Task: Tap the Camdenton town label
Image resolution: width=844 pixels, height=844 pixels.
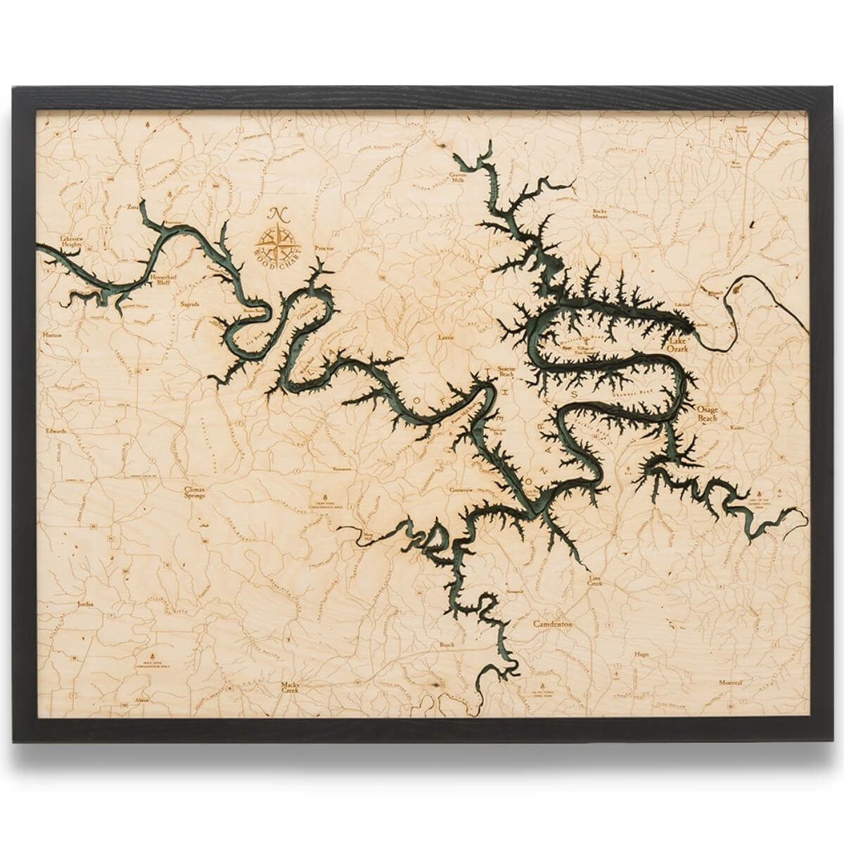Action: pos(553,624)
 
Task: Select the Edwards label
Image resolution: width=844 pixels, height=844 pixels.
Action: pos(53,431)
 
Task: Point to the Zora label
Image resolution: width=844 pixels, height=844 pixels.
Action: pos(134,208)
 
